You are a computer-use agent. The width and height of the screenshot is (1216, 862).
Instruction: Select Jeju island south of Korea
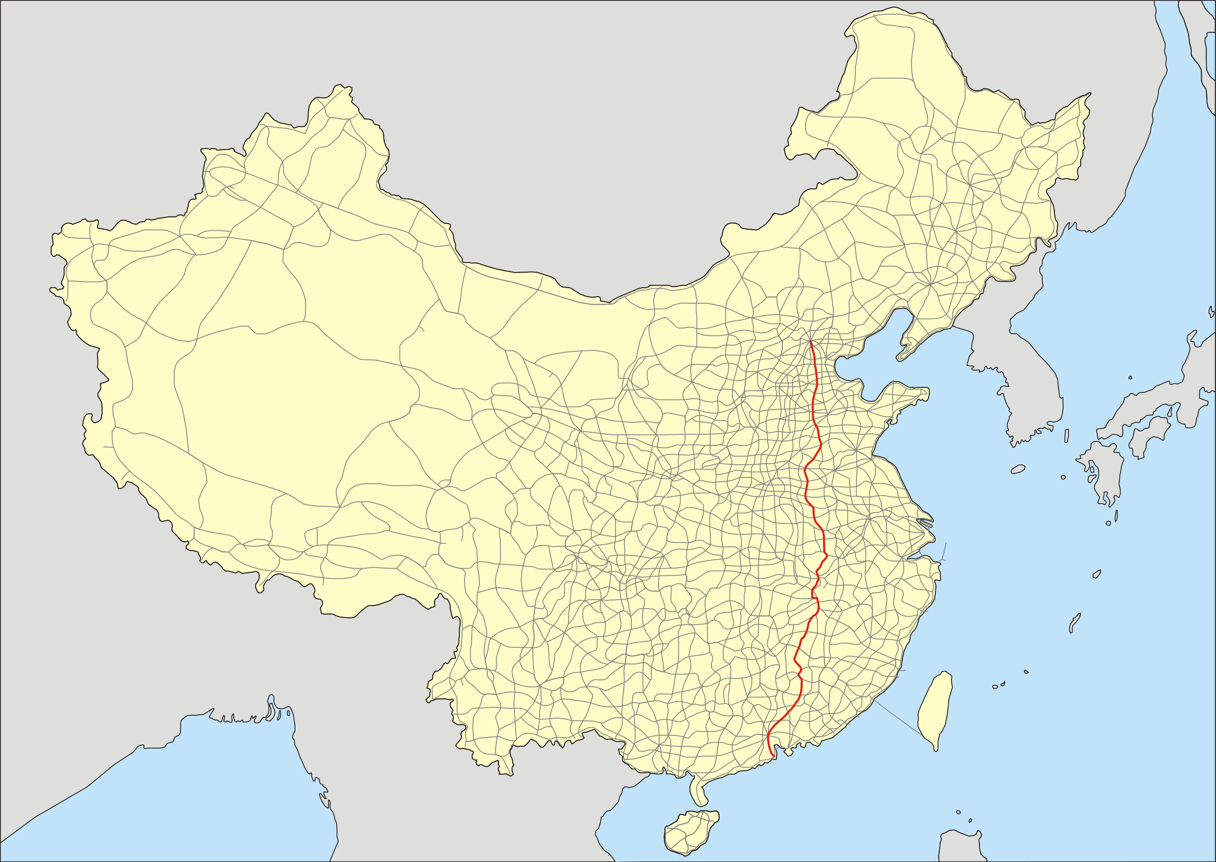(x=1018, y=468)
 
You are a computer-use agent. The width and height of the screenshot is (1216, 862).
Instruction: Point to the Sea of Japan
(x=1141, y=265)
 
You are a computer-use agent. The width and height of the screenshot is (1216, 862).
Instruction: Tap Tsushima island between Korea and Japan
(x=1067, y=436)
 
